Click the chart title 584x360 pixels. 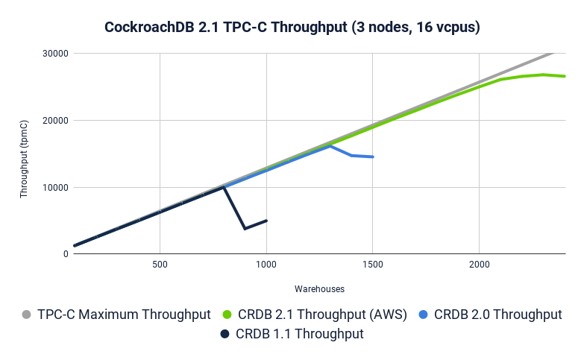click(292, 28)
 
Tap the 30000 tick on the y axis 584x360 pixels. click(55, 54)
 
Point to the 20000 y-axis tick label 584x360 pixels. click(55, 121)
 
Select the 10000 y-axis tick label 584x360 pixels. click(55, 188)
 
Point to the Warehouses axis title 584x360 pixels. click(319, 288)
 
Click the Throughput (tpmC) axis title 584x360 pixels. click(25, 157)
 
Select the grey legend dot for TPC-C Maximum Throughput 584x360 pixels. click(28, 315)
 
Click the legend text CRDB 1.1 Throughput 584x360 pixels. click(300, 334)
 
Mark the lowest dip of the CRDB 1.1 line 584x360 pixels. click(245, 229)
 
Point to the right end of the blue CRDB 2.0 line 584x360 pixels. click(373, 157)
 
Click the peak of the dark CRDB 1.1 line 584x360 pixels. click(224, 187)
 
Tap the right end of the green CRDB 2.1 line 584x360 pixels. click(565, 76)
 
